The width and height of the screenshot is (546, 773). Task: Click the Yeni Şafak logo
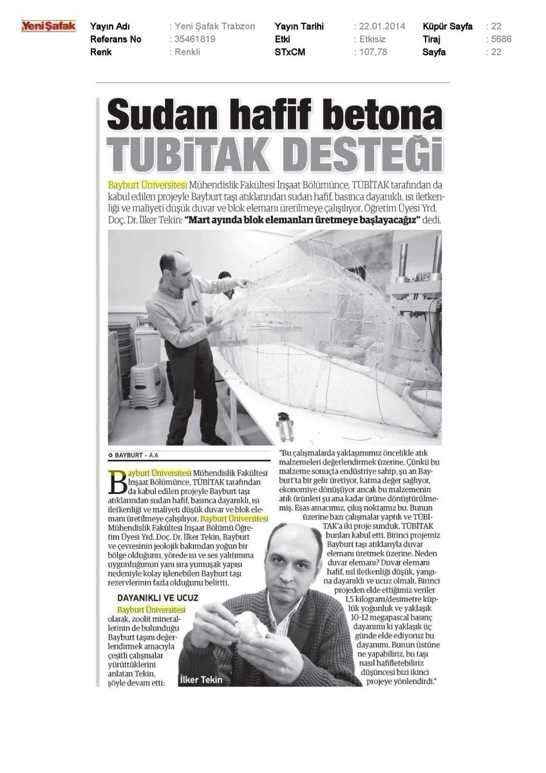pyautogui.click(x=49, y=26)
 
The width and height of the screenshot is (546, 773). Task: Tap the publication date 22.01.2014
pyautogui.click(x=381, y=26)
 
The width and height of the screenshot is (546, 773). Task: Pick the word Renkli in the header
pyautogui.click(x=187, y=52)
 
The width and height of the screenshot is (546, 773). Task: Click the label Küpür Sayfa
pyautogui.click(x=447, y=26)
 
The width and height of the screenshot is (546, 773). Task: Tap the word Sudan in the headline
pyautogui.click(x=148, y=118)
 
